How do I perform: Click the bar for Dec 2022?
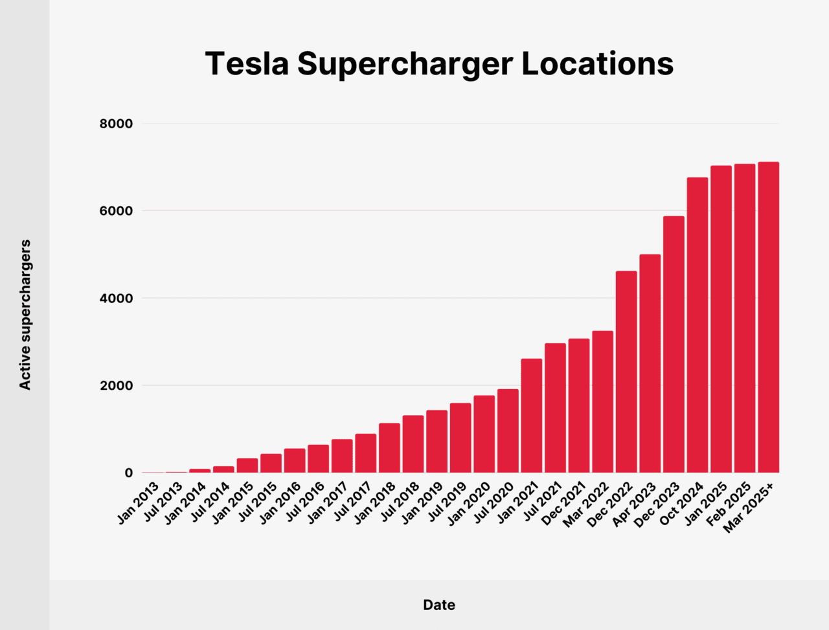point(626,372)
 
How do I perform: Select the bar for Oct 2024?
point(698,325)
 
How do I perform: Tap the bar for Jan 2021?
point(532,416)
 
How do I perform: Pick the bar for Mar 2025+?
point(769,317)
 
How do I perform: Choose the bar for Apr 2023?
point(650,364)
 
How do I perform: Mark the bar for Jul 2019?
point(460,438)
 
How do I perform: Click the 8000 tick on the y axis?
point(116,124)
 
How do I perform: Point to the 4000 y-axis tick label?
point(116,298)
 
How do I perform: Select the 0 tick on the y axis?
point(128,473)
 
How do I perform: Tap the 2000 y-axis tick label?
point(116,386)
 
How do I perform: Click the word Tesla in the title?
point(247,64)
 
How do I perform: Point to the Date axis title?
point(439,605)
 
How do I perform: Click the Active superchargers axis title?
point(25,315)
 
